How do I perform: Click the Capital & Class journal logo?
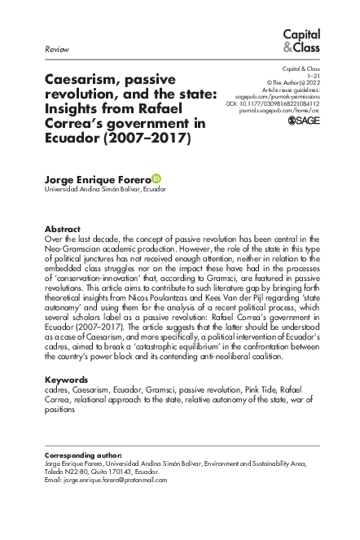(301, 41)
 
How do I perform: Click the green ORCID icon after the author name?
(156, 178)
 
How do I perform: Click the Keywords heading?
(66, 380)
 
